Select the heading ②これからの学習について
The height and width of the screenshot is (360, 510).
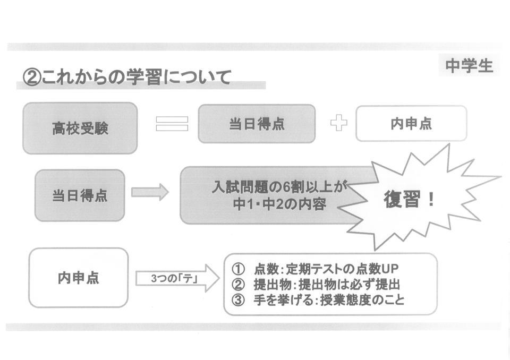tap(127, 78)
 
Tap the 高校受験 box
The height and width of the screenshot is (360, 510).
tap(80, 128)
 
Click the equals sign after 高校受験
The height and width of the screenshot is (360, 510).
tap(172, 124)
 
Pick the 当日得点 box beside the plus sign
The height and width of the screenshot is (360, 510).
tap(257, 124)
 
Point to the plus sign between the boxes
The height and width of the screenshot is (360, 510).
tap(338, 124)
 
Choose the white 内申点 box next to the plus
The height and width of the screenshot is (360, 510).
tap(411, 124)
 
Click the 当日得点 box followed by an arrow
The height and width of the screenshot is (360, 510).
tap(80, 195)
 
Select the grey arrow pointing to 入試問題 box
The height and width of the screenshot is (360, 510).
tap(149, 192)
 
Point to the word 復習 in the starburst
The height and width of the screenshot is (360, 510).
tap(401, 200)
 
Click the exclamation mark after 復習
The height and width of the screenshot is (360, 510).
tap(431, 200)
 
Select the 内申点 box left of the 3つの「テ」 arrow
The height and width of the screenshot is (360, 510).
tap(79, 278)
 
